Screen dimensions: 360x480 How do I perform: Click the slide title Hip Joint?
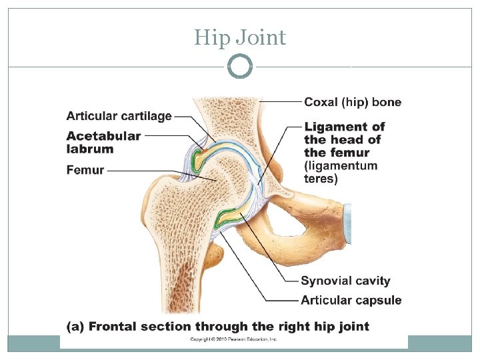[240, 37]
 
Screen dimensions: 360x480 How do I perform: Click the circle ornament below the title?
[240, 67]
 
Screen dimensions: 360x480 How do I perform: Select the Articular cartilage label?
[119, 116]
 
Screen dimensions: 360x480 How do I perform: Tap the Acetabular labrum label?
[103, 142]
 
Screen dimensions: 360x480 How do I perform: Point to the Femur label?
[85, 170]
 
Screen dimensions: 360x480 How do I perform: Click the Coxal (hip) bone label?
[353, 102]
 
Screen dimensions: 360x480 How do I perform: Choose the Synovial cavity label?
[345, 281]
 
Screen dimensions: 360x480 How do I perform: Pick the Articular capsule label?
[351, 300]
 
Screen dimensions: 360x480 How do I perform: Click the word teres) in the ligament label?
[321, 179]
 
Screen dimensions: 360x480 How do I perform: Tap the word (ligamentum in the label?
[341, 165]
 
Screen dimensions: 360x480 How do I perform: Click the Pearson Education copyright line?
[233, 339]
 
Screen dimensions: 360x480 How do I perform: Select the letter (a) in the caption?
[75, 326]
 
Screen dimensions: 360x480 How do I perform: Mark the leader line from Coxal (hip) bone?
[280, 102]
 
